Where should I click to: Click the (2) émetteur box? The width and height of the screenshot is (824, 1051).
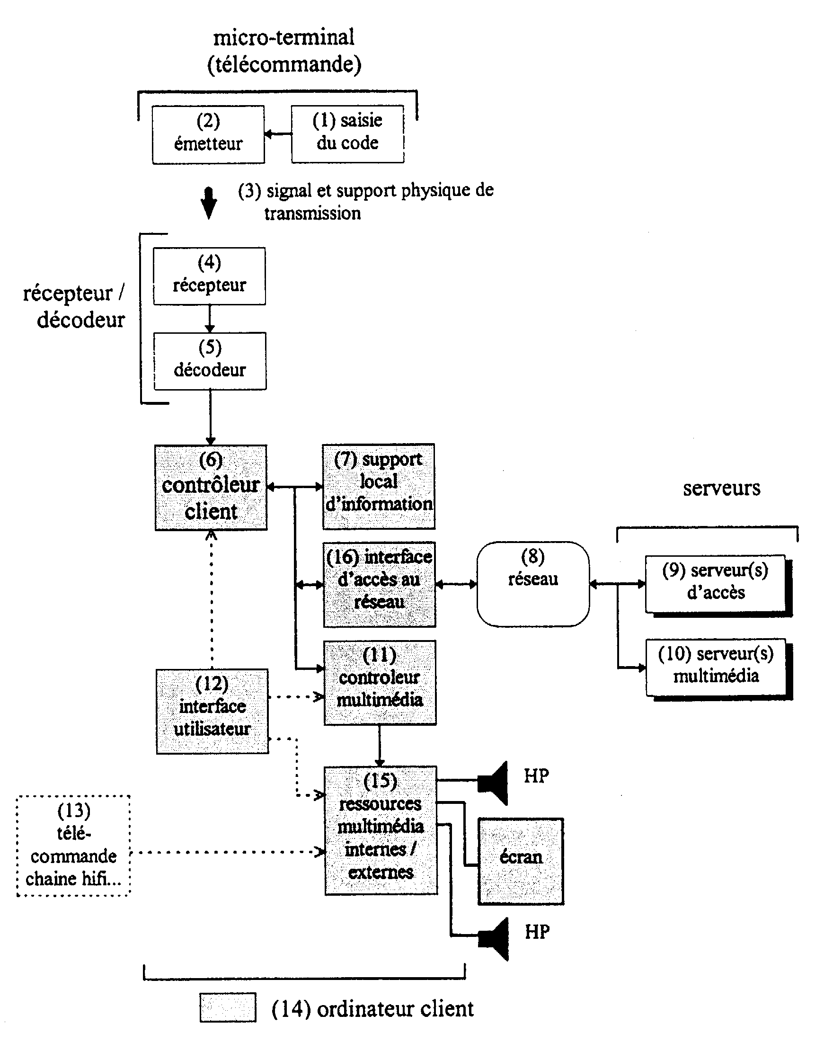208,134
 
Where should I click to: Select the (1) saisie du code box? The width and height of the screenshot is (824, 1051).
347,134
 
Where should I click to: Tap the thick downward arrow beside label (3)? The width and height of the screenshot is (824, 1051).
209,203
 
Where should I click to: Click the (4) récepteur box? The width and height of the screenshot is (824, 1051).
209,276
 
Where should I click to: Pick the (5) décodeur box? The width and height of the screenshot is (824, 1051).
210,361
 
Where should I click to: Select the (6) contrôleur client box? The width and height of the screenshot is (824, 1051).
211,487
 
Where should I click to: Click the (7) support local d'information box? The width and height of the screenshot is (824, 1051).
379,486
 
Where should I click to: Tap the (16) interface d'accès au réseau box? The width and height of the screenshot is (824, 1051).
380,584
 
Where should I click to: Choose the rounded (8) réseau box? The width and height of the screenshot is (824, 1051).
533,584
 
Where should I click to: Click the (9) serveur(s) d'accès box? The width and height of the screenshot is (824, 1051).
719,586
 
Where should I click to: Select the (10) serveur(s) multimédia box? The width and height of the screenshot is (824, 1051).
719,669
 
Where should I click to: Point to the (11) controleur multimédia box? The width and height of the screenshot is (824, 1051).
380,682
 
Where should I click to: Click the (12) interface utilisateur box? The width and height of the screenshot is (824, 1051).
213,711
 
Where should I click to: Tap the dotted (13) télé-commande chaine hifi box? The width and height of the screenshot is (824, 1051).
73,846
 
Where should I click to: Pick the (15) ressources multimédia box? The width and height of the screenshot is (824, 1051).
381,830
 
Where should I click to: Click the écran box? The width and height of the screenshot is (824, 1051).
521,861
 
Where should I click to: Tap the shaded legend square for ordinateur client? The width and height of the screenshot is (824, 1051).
228,1007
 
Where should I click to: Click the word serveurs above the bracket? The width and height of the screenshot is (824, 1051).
722,489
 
